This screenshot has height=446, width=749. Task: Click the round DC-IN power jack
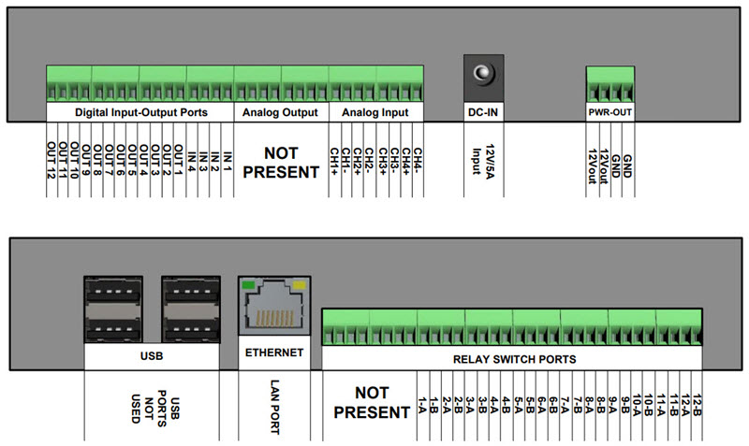tap(483, 74)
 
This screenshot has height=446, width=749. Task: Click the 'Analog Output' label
tap(280, 112)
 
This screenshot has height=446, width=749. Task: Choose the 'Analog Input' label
tap(374, 112)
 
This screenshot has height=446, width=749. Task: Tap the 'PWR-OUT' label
tap(610, 112)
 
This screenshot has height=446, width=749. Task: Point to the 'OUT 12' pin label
tap(51, 158)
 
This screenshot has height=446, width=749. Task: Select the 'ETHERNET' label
tap(274, 352)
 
